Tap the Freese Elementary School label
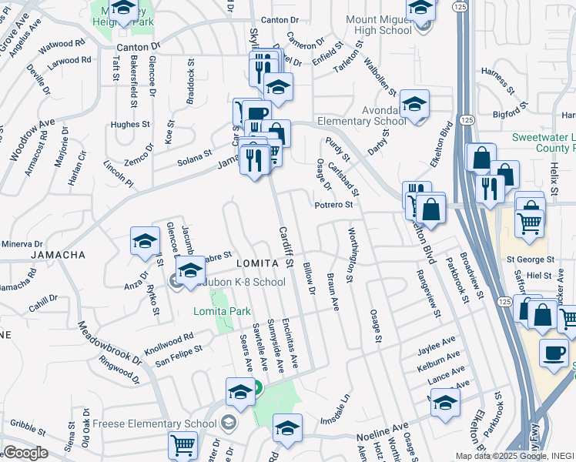[x=154, y=423]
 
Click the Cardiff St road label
[x=286, y=246]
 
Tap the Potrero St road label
[x=333, y=205]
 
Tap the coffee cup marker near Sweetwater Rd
[x=554, y=353]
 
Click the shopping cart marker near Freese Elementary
[x=183, y=444]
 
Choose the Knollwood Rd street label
[x=168, y=339]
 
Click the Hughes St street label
[x=130, y=124]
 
